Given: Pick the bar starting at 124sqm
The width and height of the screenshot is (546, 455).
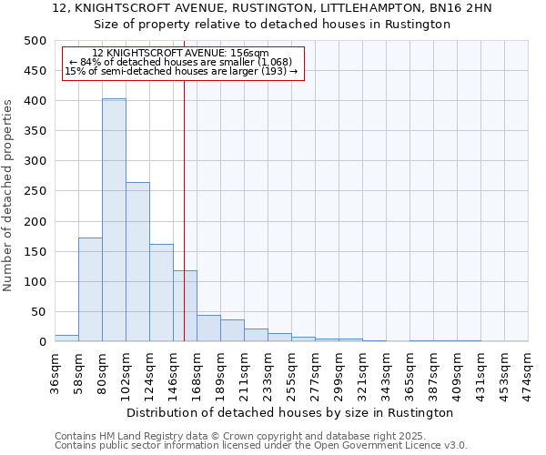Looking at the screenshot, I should (x=161, y=292).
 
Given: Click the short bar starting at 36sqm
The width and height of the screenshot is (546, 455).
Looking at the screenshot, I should (x=66, y=338).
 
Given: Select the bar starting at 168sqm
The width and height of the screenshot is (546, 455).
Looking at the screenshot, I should (x=208, y=328).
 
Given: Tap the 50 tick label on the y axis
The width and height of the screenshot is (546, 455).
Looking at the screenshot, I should (x=38, y=312).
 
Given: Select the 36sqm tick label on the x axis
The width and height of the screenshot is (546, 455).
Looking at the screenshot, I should (x=56, y=371).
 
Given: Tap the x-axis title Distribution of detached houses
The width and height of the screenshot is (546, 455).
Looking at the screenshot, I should (x=290, y=412).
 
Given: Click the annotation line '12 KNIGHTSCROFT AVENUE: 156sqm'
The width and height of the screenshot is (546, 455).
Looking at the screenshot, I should (x=181, y=54).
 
